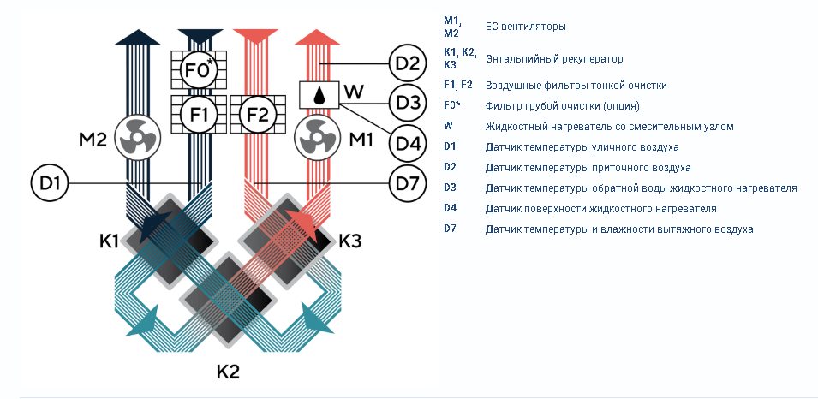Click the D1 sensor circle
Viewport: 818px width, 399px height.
(50, 183)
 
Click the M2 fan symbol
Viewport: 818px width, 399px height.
(137, 137)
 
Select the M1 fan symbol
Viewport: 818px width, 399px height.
(317, 138)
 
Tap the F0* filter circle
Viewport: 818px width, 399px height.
(198, 69)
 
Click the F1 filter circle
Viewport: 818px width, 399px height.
(198, 113)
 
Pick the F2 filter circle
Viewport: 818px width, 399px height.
(257, 113)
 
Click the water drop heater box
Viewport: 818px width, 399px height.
(319, 95)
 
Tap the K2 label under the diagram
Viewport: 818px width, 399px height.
(228, 372)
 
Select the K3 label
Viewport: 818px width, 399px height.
(350, 241)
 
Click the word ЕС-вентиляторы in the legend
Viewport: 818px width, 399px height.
(525, 26)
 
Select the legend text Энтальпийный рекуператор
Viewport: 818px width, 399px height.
(554, 59)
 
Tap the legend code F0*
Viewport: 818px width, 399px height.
(452, 105)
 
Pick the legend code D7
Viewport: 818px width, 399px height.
(450, 229)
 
